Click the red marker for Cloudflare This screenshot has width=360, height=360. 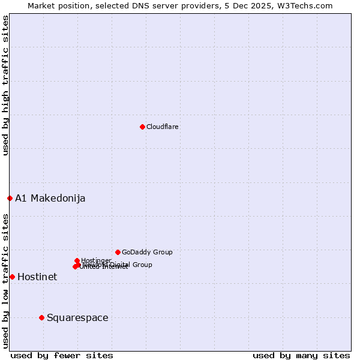point(142,127)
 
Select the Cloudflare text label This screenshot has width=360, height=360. point(163,127)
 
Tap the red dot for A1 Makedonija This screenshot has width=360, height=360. point(10,198)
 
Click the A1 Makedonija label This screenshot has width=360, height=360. point(50,199)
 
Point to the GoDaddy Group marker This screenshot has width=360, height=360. point(118,252)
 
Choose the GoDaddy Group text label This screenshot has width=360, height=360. point(147,253)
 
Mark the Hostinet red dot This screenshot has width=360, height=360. point(12,277)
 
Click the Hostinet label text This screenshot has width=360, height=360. point(37,277)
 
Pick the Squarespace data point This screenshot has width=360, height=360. point(41,317)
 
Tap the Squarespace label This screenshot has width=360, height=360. point(77,318)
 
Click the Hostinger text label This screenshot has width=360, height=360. point(97,260)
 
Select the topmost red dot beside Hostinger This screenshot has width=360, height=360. point(77,260)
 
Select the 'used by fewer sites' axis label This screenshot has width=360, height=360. point(62,355)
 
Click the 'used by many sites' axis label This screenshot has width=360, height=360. point(301,355)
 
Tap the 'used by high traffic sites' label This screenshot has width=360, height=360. point(6,86)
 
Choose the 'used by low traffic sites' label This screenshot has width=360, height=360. point(6,280)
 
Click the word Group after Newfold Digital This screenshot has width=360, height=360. point(142,265)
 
